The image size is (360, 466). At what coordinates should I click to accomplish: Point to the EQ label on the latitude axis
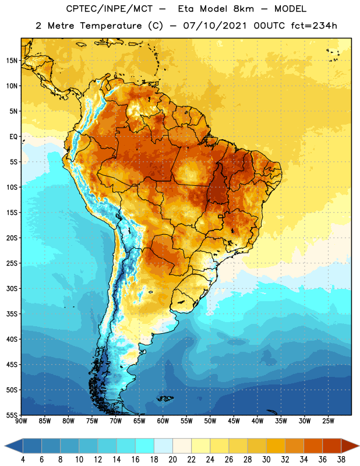coord(13,137)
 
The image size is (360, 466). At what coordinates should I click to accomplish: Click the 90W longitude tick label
coord(21,421)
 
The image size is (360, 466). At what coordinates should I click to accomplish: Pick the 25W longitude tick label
coord(328,421)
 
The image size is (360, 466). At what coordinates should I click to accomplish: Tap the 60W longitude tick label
coord(163,421)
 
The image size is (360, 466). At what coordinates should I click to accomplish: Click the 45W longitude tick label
coord(234,421)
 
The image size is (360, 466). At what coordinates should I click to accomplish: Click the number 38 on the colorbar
coord(341,460)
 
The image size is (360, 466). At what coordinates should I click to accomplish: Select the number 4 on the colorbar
coord(23,460)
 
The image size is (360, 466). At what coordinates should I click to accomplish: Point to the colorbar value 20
coord(172,460)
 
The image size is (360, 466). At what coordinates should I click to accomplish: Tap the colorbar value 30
coord(266,460)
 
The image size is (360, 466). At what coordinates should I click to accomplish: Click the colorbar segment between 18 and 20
coord(163,446)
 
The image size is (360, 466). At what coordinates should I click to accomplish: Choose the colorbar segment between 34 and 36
coord(313,446)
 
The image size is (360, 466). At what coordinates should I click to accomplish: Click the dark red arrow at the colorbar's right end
coord(350,446)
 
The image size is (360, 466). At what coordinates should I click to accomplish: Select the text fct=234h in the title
coord(314,26)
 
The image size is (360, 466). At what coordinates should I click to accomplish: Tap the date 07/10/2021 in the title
coord(215,26)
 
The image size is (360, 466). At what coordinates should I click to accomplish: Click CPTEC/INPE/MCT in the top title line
coord(109,9)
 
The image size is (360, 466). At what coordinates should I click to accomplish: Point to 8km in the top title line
coord(243,9)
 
